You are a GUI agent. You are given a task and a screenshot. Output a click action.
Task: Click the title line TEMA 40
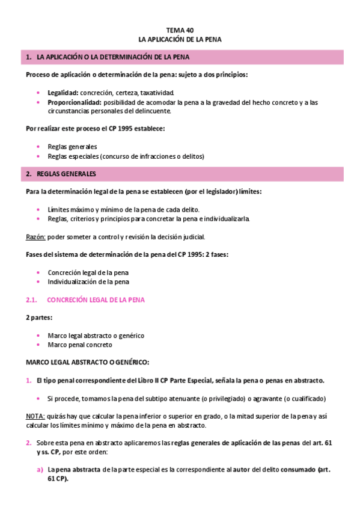180,29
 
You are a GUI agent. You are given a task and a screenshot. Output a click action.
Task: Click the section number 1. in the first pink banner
28,57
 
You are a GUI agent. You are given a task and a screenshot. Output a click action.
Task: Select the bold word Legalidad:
63,93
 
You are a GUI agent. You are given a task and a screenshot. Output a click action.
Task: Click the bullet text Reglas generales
72,147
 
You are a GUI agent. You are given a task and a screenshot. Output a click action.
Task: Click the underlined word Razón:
37,236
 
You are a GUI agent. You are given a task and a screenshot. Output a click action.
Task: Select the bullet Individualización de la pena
88,281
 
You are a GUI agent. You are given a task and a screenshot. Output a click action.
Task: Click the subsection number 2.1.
32,300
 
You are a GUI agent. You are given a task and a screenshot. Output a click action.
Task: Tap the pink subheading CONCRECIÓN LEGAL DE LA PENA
96,300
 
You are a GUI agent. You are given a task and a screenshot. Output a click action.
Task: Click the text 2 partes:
39,317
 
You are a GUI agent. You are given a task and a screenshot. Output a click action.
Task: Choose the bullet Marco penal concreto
80,345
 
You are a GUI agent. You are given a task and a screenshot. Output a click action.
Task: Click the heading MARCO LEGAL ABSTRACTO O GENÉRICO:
87,363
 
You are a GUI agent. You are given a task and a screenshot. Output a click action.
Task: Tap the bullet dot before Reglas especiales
39,156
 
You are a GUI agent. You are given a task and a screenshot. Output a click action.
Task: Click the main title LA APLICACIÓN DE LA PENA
180,39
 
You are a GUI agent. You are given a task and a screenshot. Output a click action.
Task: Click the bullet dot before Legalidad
39,93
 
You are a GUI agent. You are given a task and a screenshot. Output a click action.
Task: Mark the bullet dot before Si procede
39,398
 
